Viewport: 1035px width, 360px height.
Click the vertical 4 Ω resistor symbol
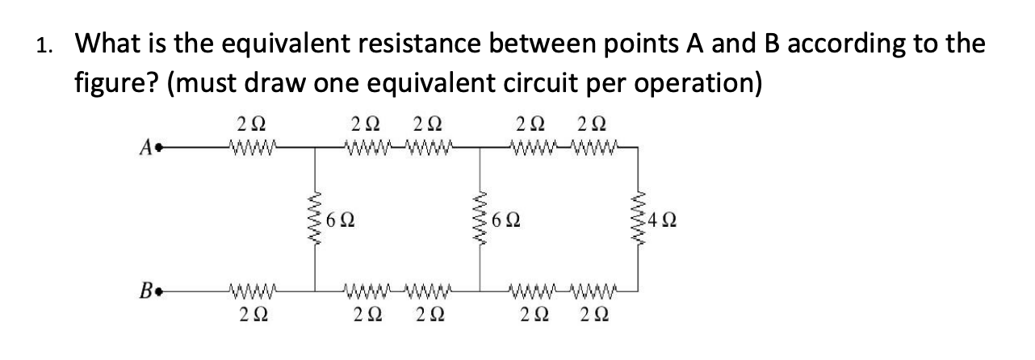pyautogui.click(x=642, y=219)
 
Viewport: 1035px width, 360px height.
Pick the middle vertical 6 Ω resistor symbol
pyautogui.click(x=481, y=219)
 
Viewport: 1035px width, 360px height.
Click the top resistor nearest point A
pyautogui.click(x=254, y=147)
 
